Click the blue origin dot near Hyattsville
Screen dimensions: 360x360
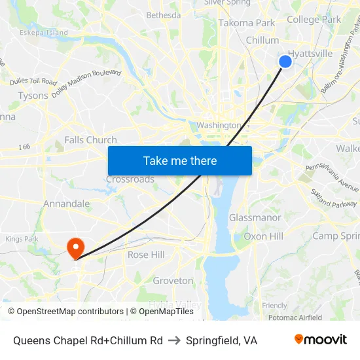(x=285, y=62)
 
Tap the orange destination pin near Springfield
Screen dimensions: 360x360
(x=75, y=247)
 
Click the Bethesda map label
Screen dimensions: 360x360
(x=163, y=15)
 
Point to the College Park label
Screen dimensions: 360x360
(x=314, y=20)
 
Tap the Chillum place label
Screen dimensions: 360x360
(x=262, y=41)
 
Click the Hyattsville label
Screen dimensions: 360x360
(x=310, y=54)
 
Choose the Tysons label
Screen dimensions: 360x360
(x=33, y=96)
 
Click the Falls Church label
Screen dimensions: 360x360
(x=90, y=140)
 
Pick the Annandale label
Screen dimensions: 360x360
(x=66, y=204)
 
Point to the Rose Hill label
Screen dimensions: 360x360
(x=146, y=255)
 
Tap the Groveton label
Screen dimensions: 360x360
(x=173, y=281)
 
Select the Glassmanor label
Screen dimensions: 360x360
(x=255, y=218)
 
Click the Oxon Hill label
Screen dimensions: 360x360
(x=263, y=236)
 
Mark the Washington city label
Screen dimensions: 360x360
(x=219, y=125)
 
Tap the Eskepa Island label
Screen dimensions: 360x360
(x=43, y=32)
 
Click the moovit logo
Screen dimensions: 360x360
(x=320, y=340)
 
